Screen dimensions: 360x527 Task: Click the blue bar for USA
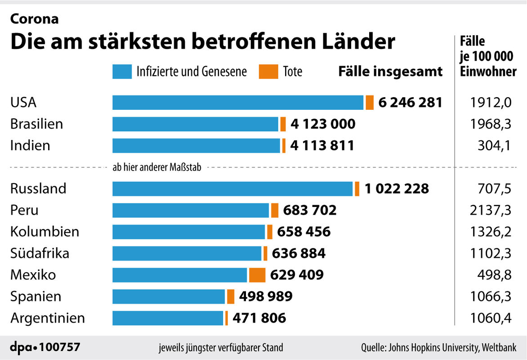point(237,103)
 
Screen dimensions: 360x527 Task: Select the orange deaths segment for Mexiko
point(257,274)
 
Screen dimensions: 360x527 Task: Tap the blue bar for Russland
point(232,189)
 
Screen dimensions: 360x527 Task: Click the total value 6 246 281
point(410,103)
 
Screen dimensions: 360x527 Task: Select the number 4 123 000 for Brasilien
point(322,124)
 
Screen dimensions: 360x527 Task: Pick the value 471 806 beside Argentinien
point(259,318)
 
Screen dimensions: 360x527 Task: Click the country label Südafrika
point(40,253)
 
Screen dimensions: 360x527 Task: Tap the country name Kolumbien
point(45,232)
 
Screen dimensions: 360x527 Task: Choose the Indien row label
point(30,146)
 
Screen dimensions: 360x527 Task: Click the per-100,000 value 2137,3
point(491,210)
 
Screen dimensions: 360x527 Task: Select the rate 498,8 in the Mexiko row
point(495,274)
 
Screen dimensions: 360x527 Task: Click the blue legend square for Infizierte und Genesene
point(121,72)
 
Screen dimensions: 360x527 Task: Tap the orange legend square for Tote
point(268,72)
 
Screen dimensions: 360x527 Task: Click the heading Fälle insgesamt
point(390,72)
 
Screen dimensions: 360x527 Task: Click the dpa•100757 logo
point(45,347)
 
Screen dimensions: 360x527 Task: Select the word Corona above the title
point(34,19)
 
